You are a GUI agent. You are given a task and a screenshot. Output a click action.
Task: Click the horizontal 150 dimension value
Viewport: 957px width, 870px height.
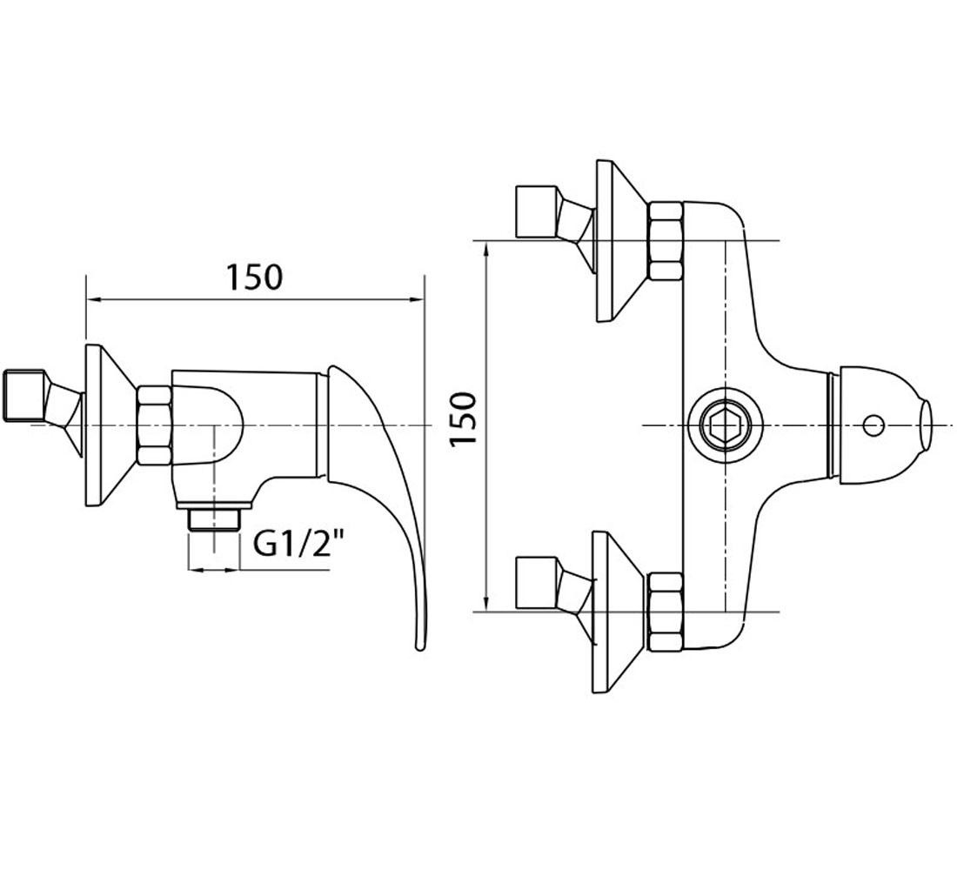(255, 277)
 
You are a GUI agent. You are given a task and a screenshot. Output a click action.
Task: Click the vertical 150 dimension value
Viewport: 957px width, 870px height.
(463, 419)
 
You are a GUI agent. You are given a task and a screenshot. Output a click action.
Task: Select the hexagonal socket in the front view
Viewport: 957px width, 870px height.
(725, 425)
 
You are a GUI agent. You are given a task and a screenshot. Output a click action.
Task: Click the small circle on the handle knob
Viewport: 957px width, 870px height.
(874, 425)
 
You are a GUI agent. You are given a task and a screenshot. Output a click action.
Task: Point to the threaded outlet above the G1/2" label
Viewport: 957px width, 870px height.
(215, 521)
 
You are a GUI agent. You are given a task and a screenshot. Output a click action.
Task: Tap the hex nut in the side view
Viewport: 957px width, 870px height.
(154, 425)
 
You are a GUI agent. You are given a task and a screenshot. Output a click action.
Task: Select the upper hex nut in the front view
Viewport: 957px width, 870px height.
(665, 241)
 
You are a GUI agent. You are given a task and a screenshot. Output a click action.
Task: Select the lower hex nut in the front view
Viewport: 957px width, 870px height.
(665, 612)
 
